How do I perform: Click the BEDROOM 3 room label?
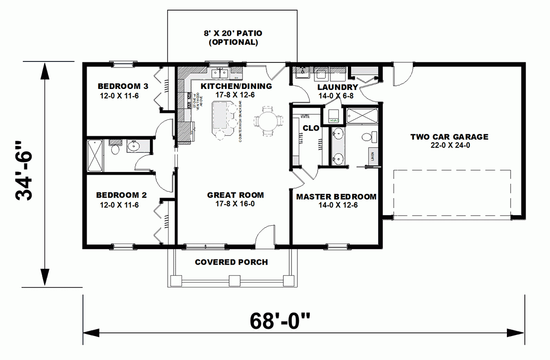click(x=119, y=86)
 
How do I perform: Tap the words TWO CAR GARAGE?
click(x=449, y=137)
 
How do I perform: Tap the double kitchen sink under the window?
click(x=220, y=73)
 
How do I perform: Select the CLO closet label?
click(x=311, y=128)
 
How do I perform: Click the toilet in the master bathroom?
click(x=367, y=137)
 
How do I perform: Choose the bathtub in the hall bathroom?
click(x=95, y=155)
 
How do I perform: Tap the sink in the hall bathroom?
click(x=133, y=147)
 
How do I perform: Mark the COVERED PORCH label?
click(x=231, y=262)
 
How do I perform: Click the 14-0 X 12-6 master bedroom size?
click(x=337, y=205)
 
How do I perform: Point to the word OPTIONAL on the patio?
click(x=233, y=42)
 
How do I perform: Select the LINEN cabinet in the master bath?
click(x=373, y=156)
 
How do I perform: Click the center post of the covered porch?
click(x=234, y=280)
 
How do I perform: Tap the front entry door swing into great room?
click(x=264, y=236)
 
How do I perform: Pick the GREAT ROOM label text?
click(x=235, y=195)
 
